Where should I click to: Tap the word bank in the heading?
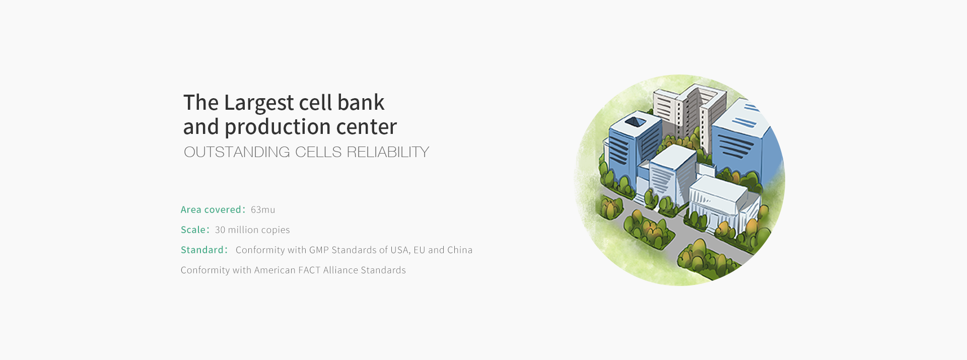tap(361, 102)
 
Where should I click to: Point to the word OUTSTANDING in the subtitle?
tap(237, 152)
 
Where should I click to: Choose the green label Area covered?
tap(211, 209)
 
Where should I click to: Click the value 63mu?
tap(263, 209)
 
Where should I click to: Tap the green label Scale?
tap(193, 230)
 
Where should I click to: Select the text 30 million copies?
tap(252, 230)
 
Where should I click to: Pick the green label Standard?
tap(202, 250)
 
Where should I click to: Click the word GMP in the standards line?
tap(319, 250)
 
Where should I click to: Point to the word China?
tap(460, 250)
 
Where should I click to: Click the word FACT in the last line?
tap(309, 270)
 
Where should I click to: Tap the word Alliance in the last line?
tap(340, 270)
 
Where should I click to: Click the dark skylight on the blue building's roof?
tap(636, 121)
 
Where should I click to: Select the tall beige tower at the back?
tap(690, 113)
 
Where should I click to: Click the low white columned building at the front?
tap(720, 201)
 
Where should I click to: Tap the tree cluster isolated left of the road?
tap(611, 208)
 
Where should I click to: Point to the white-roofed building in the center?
tap(670, 174)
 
